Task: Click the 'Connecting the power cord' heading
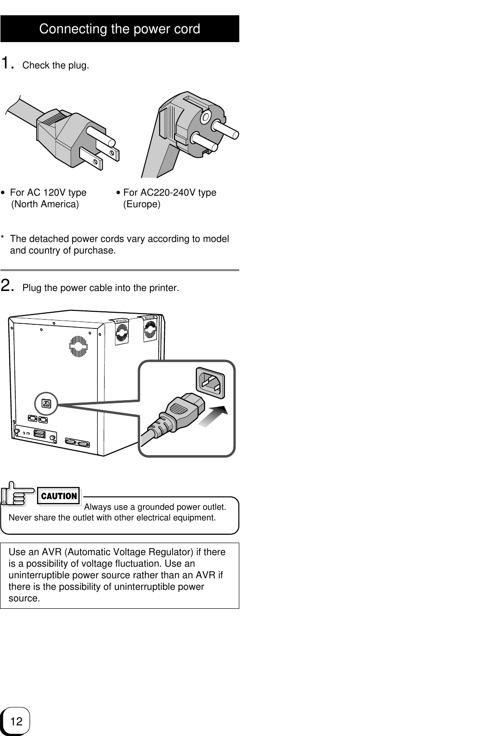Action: tap(119, 29)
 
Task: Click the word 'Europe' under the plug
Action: tap(142, 204)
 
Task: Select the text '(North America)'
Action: tap(45, 204)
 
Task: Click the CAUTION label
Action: tap(59, 496)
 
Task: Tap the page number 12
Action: tap(16, 721)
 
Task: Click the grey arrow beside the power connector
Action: tap(214, 417)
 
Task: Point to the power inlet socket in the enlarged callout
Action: tap(211, 383)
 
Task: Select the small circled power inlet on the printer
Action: tap(46, 403)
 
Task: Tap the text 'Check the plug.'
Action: tap(56, 65)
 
